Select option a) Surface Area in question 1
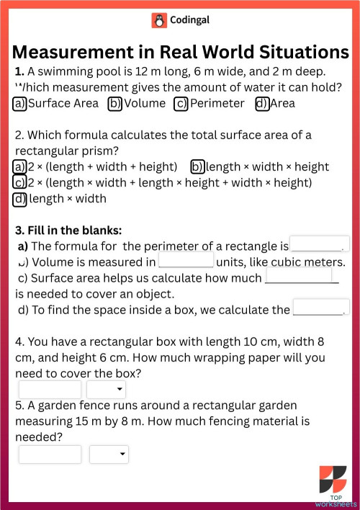20,104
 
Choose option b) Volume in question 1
114,104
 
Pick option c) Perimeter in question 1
181,104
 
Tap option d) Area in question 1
261,104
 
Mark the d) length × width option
20,199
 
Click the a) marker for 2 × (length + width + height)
20,167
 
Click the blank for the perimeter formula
319,244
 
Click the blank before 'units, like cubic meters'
186,260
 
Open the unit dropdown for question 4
107,390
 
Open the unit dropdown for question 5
109,455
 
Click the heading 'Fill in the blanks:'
68,231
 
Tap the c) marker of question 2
20,183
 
